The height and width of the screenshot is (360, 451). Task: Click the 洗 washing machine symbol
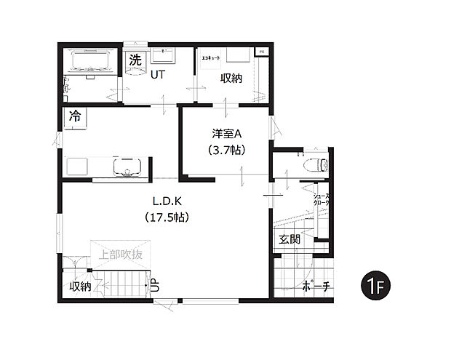point(135,60)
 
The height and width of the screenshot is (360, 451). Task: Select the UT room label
point(157,74)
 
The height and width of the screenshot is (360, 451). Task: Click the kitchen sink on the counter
point(128,167)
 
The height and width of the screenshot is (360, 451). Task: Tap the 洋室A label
point(225,134)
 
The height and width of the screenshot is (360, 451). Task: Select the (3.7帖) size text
point(225,151)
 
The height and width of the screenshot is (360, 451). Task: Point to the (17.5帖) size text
point(167,217)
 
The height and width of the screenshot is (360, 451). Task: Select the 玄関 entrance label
point(287,240)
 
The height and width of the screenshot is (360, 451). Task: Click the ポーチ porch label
point(316,287)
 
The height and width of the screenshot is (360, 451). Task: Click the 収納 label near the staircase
point(80,286)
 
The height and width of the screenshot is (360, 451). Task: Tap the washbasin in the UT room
point(163,56)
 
